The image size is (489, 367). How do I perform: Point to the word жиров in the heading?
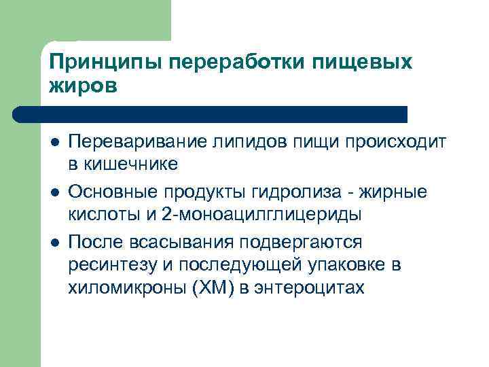click(x=83, y=86)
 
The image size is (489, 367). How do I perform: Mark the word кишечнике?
click(x=130, y=164)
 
